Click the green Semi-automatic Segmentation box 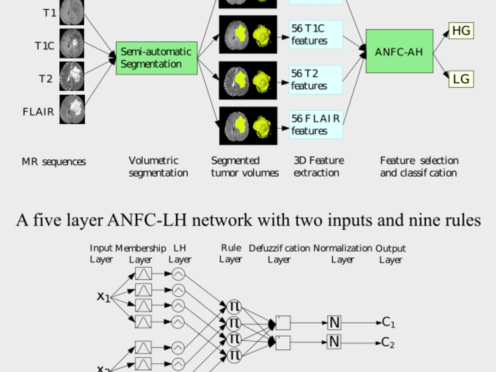click(157, 58)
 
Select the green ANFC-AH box click(399, 51)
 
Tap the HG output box click(461, 31)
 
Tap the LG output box click(461, 79)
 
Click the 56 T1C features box click(316, 34)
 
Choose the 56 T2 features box click(316, 79)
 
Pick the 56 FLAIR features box click(316, 124)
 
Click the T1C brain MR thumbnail click(72, 43)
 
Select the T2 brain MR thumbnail click(72, 76)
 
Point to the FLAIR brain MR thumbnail click(72, 109)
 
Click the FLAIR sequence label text click(38, 112)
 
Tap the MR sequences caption click(53, 162)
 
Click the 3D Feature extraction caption click(319, 167)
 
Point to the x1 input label click(103, 297)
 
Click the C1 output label click(388, 322)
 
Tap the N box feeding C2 click(334, 342)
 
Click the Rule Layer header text click(231, 253)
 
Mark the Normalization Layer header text click(343, 253)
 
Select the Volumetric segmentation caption click(158, 167)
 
